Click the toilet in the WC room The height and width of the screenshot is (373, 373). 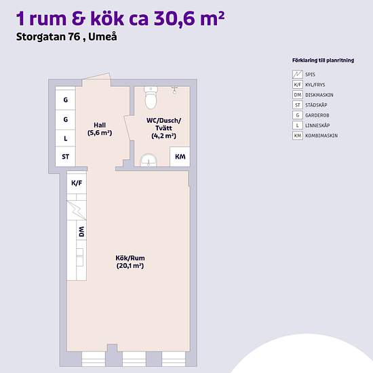151,100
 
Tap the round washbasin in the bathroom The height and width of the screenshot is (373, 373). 148,160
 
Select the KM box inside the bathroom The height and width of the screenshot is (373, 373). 180,157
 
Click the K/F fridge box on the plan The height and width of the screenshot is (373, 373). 77,183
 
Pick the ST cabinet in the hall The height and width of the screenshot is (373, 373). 66,157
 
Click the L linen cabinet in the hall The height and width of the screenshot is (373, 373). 66,138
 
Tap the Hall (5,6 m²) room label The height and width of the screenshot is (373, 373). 99,129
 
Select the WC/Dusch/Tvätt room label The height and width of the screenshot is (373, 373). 163,127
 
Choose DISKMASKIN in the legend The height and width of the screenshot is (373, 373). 319,94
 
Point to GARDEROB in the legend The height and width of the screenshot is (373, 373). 317,115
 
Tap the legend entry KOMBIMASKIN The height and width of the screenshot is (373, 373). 321,136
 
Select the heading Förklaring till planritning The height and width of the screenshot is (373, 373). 317,60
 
